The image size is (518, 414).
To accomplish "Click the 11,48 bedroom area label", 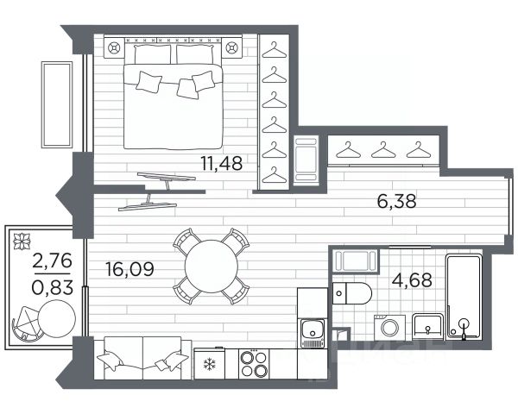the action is click(x=222, y=163).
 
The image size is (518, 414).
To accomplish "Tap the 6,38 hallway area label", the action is click(x=396, y=201).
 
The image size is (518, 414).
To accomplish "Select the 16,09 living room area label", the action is click(x=129, y=269).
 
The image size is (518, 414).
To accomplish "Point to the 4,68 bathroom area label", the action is click(x=412, y=280).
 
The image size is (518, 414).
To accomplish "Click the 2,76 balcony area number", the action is click(x=52, y=261).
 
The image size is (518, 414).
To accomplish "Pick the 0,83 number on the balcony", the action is click(x=52, y=287).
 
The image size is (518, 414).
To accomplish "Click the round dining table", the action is click(x=212, y=267).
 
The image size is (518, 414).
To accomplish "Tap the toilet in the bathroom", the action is click(x=352, y=293).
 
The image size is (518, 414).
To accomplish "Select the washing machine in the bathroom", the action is click(x=390, y=328).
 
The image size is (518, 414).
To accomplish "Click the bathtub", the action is click(x=464, y=297).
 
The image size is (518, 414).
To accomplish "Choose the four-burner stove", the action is click(x=254, y=363).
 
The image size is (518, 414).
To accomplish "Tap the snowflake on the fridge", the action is click(x=210, y=365).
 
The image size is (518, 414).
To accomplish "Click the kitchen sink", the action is click(x=313, y=333).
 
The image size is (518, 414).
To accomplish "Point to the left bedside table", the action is click(x=114, y=48).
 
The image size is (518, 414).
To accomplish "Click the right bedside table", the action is click(x=231, y=48).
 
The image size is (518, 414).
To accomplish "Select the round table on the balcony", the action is click(x=57, y=318).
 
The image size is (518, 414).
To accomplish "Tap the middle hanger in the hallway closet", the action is click(x=383, y=149).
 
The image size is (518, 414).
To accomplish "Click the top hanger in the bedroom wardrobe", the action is click(x=275, y=50).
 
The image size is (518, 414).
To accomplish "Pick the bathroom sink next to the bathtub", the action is click(x=427, y=326).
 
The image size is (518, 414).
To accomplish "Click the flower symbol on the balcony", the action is click(x=22, y=241).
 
